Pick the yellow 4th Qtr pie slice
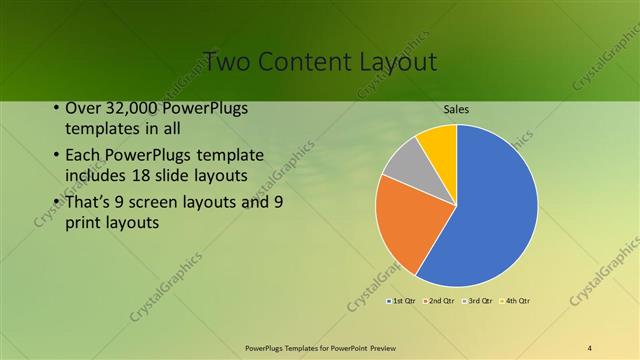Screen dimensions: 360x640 [x=439, y=143]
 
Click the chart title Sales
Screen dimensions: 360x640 [x=456, y=110]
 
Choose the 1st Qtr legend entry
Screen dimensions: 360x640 [x=403, y=300]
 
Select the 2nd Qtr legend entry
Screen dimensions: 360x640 [x=440, y=300]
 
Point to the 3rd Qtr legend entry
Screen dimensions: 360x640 [x=478, y=300]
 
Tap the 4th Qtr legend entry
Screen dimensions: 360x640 [x=516, y=300]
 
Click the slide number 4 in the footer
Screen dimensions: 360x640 [x=590, y=347]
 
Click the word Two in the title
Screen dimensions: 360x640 [x=225, y=61]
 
